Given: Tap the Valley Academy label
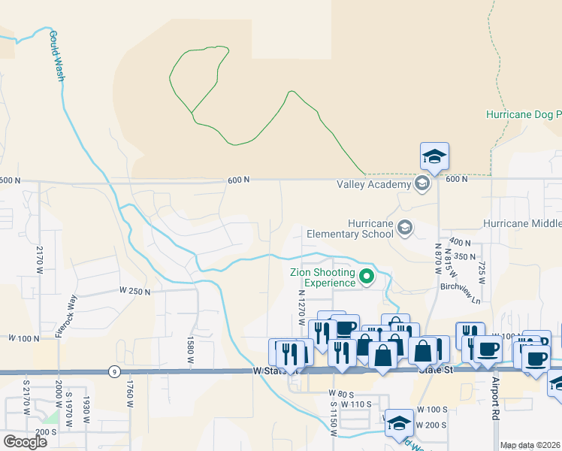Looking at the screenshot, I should pos(373,184).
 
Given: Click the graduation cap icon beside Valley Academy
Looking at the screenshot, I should pos(421,184).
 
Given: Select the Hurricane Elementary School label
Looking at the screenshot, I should pos(370,229).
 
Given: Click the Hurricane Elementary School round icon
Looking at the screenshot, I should pos(406,228).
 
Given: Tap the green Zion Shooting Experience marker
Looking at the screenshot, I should pos(367,277).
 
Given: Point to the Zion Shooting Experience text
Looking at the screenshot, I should pos(324,277).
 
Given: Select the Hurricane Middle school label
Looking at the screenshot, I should pos(522,224).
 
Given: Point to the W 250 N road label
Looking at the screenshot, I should pos(134,290).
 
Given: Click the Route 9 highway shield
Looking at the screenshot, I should pos(112,371).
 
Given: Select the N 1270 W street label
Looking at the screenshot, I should pos(301,307).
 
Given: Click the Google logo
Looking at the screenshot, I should pos(24,441).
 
